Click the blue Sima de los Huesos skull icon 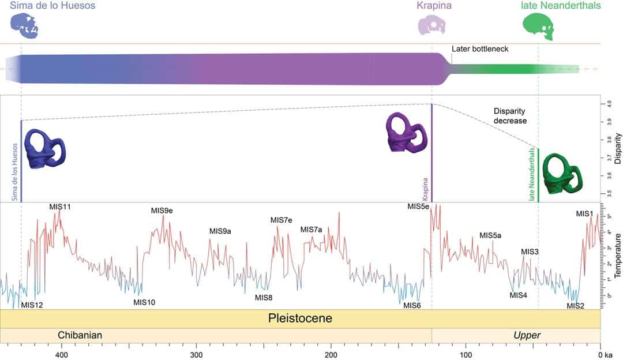25,27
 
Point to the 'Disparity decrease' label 510,116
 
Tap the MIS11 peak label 60,207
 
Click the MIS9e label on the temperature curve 162,211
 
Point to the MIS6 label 412,305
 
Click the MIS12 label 32,305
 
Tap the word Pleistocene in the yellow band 300,318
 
